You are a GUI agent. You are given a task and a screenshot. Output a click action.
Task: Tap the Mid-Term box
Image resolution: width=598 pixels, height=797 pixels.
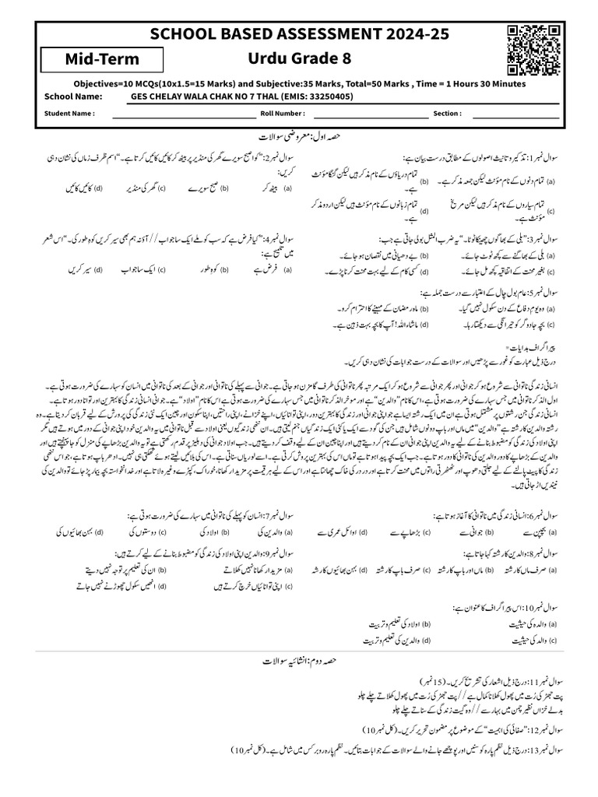click(102, 60)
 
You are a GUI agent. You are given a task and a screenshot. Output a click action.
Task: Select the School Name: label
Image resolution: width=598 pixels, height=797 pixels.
click(74, 97)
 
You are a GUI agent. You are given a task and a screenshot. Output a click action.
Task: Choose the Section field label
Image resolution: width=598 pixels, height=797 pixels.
click(447, 113)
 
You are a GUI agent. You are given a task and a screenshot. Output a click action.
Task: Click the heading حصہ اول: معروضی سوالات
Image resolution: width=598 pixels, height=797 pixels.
click(299, 136)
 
